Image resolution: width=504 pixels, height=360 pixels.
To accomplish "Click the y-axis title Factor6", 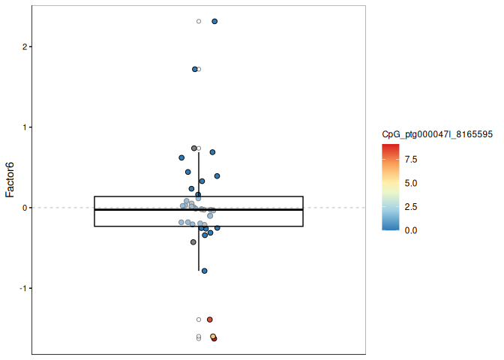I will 10,180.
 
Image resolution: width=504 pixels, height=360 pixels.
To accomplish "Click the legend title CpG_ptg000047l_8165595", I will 436,134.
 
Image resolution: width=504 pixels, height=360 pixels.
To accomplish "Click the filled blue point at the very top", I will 214,21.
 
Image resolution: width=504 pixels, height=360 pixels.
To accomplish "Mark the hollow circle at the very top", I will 199,21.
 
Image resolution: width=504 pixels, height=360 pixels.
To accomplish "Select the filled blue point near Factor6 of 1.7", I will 195,69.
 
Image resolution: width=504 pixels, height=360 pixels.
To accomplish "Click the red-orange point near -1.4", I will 210,319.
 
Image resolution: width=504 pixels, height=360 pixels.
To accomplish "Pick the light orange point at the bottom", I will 213,337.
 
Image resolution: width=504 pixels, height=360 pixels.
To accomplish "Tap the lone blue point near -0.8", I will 205,271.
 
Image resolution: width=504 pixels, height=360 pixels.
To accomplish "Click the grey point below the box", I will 193,242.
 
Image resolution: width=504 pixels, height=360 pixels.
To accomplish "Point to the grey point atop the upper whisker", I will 194,148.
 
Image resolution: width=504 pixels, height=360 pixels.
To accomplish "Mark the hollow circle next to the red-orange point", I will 199,319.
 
